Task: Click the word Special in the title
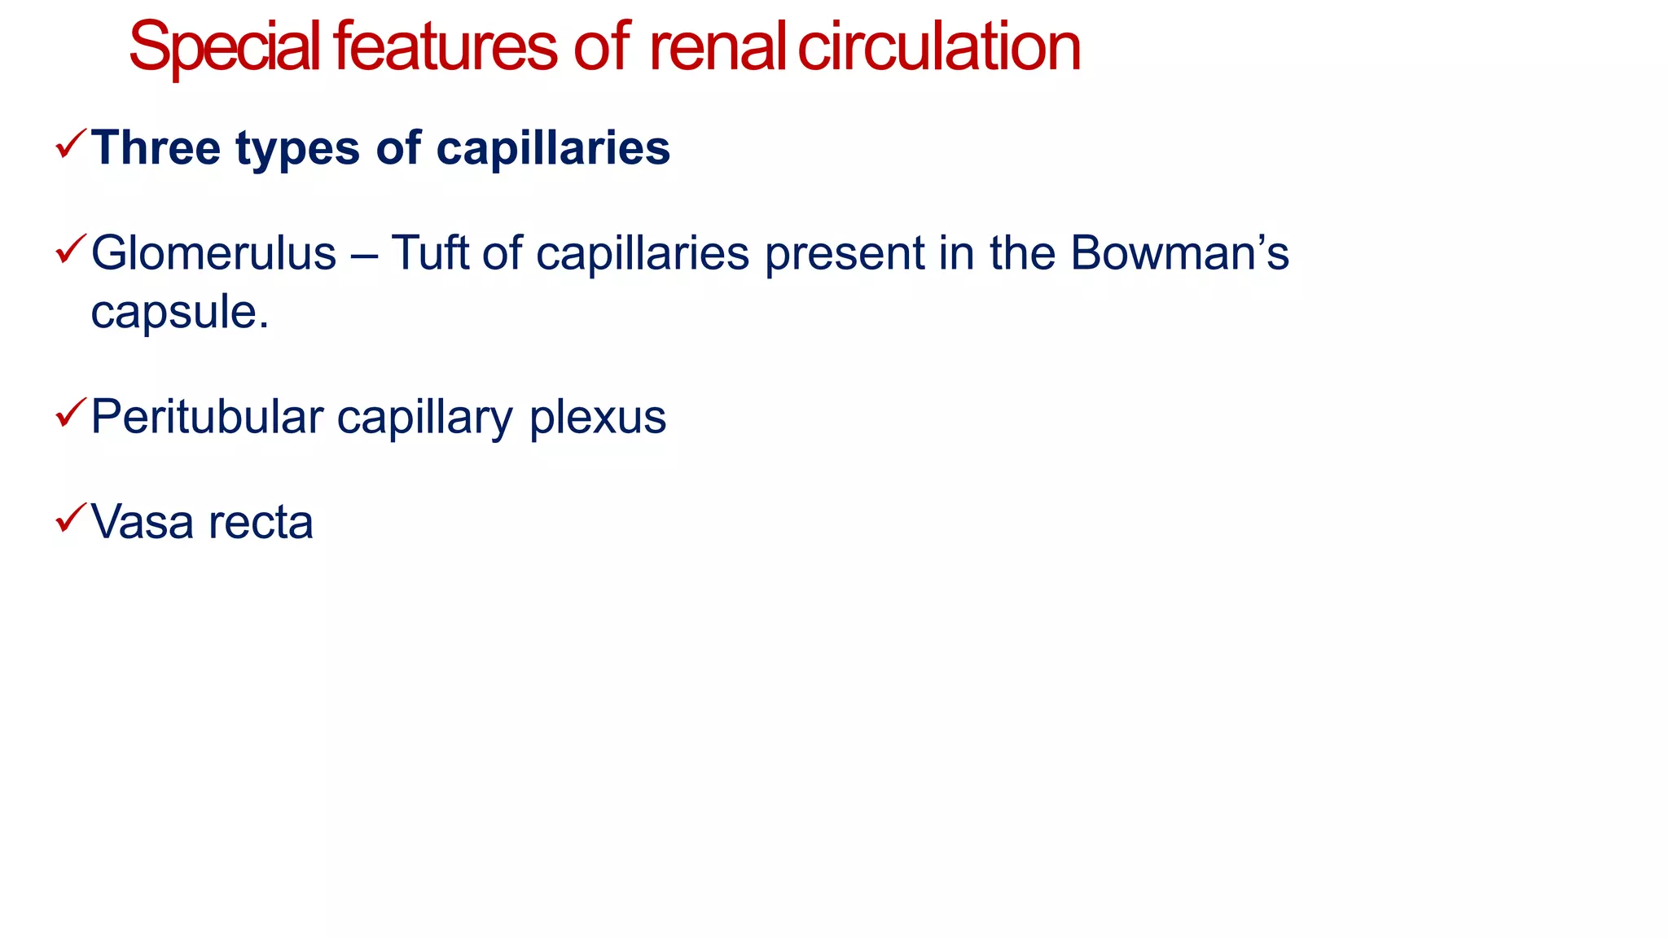pyautogui.click(x=225, y=47)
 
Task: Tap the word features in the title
pyautogui.click(x=445, y=47)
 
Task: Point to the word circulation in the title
pyautogui.click(x=938, y=47)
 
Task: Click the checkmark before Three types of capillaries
pyautogui.click(x=71, y=144)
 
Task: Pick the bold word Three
pyautogui.click(x=156, y=148)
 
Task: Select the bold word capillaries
pyautogui.click(x=553, y=148)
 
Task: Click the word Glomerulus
pyautogui.click(x=213, y=253)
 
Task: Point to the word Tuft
pyautogui.click(x=429, y=253)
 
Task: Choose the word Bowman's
pyautogui.click(x=1179, y=253)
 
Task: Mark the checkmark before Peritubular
pyautogui.click(x=71, y=413)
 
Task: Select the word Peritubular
pyautogui.click(x=207, y=417)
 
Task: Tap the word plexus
pyautogui.click(x=598, y=419)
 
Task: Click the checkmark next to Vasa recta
pyautogui.click(x=71, y=518)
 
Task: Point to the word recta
pyautogui.click(x=261, y=523)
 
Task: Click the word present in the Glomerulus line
pyautogui.click(x=845, y=255)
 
